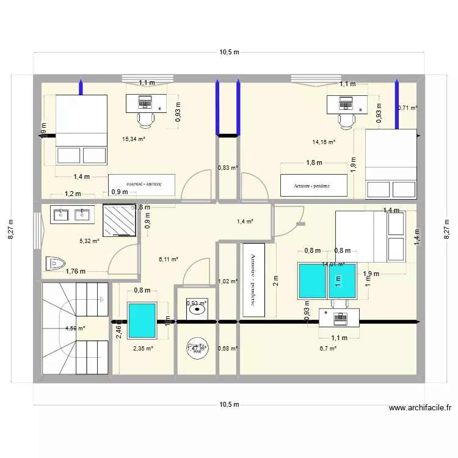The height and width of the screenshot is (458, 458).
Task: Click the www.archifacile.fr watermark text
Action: point(419,409)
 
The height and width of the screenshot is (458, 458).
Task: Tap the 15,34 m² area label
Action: point(134,139)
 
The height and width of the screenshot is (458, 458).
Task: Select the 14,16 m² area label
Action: point(324,143)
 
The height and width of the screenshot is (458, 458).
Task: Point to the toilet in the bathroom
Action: point(56,263)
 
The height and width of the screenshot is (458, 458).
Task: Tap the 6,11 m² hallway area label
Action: point(168,259)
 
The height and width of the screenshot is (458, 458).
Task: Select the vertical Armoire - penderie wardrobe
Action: point(253,280)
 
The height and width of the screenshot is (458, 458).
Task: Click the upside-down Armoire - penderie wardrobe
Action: point(142,184)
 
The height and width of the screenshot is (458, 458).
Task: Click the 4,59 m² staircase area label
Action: point(75,329)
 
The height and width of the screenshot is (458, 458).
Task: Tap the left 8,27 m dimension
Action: point(11,230)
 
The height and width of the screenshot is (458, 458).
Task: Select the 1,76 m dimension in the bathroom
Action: point(75,272)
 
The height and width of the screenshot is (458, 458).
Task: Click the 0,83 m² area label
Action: point(228,167)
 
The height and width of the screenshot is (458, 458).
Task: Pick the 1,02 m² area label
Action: point(228,282)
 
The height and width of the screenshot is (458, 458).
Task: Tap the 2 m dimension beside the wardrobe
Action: point(275,281)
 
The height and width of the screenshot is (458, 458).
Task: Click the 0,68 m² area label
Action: point(228,349)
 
